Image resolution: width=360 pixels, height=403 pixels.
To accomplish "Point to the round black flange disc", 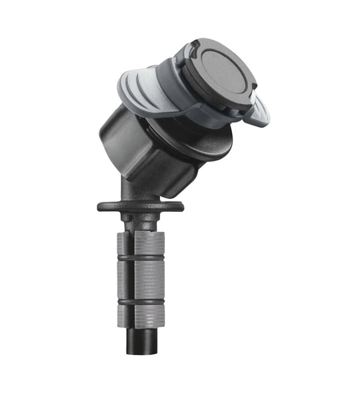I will click(140, 206).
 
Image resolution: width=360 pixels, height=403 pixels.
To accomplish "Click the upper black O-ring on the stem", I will click(140, 257).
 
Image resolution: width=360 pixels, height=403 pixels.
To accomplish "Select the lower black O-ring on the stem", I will click(140, 301).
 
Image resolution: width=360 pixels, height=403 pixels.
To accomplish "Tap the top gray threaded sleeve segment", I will click(140, 240).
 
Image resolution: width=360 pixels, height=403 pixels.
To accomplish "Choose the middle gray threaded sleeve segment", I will click(140, 279).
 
